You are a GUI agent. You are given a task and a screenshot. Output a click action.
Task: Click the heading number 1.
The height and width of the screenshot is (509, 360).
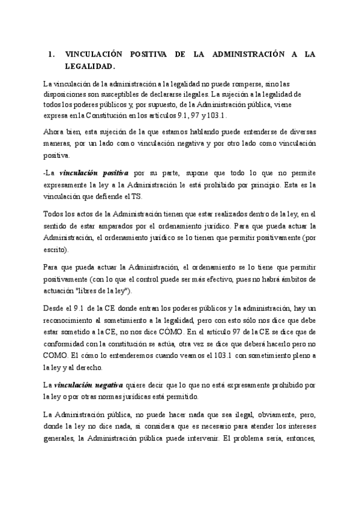[x=50, y=55]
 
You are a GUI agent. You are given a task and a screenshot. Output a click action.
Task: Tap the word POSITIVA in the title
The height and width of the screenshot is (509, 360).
[x=147, y=55]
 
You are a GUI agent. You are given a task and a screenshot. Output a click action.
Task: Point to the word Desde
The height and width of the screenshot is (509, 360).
[x=55, y=308]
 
